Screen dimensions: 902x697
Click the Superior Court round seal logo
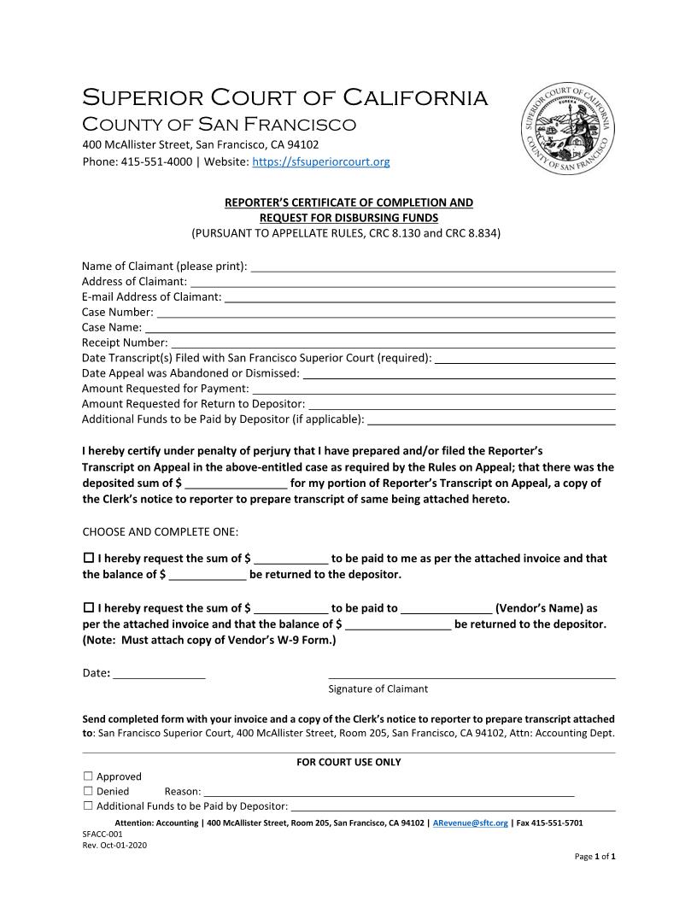[x=567, y=130]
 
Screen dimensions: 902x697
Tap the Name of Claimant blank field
[x=433, y=266]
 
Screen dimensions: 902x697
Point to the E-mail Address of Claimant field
[x=419, y=296]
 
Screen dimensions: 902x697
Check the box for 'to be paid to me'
[x=88, y=558]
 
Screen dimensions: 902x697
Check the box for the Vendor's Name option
[x=88, y=608]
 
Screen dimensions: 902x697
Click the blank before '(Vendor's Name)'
[x=446, y=608]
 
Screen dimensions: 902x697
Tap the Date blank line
[x=160, y=673]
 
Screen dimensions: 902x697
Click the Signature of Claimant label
[x=378, y=688]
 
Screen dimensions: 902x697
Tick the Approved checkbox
[x=88, y=776]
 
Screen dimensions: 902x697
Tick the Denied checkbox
[x=88, y=792]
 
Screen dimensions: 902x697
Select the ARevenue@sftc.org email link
[x=471, y=823]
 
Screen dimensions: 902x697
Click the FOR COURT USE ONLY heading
[x=348, y=762]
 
